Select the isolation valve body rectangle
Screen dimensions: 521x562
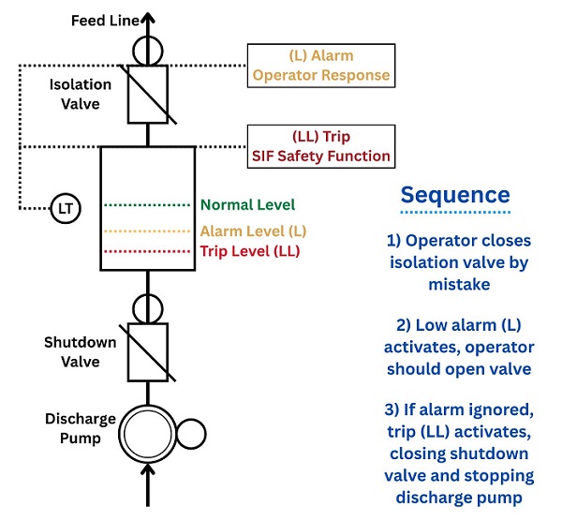[148, 95]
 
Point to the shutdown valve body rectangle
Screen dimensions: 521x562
[148, 350]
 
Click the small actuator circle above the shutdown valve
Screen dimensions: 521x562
[148, 307]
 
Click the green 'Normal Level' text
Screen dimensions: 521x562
[247, 204]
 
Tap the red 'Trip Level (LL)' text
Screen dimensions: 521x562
[250, 251]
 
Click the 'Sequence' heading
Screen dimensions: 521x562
[455, 195]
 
